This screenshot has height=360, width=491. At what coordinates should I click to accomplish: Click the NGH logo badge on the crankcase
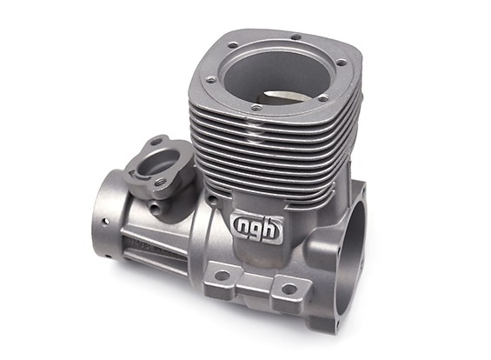point(256,228)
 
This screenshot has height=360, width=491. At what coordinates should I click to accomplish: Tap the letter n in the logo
point(244,229)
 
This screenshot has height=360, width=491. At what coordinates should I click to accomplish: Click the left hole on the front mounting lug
point(222,277)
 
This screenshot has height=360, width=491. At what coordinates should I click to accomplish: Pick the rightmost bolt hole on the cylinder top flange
point(339,63)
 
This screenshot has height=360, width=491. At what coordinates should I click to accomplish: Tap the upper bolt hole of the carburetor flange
point(156,142)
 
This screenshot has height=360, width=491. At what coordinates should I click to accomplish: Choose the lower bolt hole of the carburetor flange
point(162,182)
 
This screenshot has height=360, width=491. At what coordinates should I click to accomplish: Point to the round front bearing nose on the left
point(103,213)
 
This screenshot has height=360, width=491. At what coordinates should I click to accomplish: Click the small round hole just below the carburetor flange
point(154,208)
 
